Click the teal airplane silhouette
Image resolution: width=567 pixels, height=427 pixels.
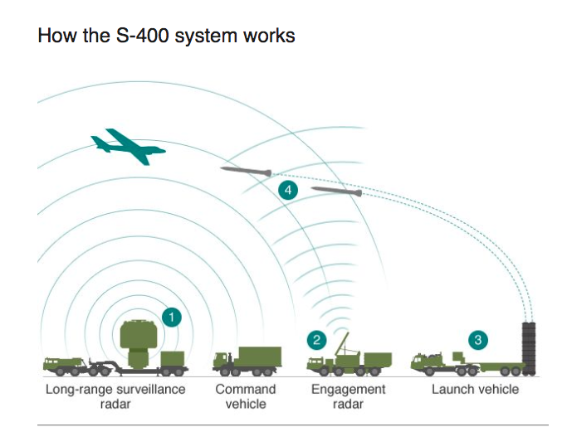click(x=126, y=146)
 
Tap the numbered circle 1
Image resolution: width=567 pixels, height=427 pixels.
click(x=171, y=318)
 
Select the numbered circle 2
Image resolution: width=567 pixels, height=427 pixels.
click(x=317, y=340)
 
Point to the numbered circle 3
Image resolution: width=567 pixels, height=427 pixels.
click(x=478, y=340)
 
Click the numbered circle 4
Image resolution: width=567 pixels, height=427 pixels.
click(x=288, y=190)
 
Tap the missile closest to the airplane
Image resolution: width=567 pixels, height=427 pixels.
click(x=247, y=172)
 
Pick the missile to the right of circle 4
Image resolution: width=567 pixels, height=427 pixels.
click(x=337, y=191)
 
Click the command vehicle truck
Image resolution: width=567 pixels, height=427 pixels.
click(x=247, y=361)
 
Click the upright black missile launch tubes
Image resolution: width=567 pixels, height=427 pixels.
click(x=529, y=348)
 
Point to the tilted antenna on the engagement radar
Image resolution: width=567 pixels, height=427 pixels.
click(x=342, y=344)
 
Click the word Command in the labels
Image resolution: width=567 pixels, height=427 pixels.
click(x=246, y=389)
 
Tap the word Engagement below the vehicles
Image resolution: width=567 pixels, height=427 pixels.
click(x=348, y=390)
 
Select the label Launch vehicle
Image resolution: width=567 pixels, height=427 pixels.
click(x=475, y=389)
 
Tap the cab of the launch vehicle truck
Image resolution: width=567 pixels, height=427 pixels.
click(x=420, y=361)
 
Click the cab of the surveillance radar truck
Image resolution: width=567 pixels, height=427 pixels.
click(x=53, y=364)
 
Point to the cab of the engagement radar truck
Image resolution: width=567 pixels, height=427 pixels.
click(x=316, y=363)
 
